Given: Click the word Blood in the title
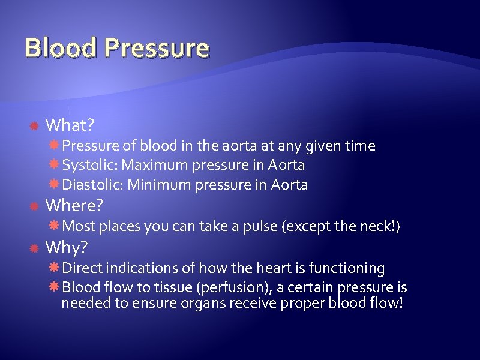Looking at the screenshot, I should (61, 48).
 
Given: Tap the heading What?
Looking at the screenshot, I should (70, 125).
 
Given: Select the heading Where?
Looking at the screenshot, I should (74, 206).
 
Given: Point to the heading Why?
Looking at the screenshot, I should (67, 247).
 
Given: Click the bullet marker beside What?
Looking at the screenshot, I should (34, 125).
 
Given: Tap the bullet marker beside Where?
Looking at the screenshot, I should (34, 206).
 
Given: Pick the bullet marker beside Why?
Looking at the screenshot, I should (34, 248).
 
